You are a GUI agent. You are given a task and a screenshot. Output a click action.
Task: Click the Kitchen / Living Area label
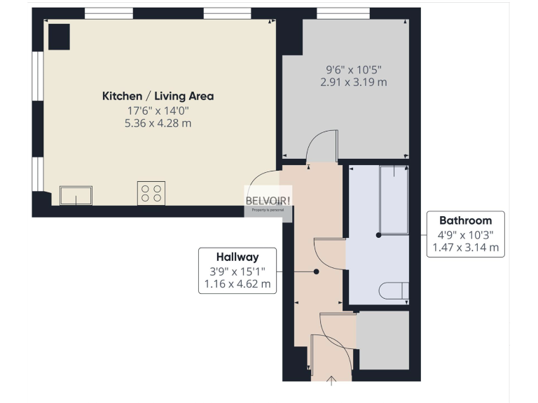(158, 96)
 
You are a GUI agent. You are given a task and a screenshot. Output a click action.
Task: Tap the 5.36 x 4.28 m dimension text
(159, 123)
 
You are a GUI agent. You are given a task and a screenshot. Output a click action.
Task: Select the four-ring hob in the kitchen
(151, 192)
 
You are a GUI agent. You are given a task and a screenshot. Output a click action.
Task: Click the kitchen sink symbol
(76, 195)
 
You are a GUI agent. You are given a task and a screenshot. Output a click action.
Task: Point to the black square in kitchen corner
(59, 36)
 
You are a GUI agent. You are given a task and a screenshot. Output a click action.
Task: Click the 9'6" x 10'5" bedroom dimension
(353, 69)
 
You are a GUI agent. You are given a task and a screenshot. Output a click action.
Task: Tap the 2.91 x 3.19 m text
(353, 82)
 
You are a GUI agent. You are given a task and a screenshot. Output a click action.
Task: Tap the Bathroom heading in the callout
(465, 220)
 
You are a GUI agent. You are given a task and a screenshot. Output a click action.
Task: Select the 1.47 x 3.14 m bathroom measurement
(465, 247)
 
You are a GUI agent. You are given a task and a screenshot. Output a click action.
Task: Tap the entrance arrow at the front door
(332, 380)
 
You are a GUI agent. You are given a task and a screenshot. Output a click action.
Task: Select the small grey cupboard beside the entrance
(383, 340)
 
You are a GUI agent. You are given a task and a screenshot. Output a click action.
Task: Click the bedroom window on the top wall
(343, 13)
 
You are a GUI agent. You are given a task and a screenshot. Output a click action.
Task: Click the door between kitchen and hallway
(265, 183)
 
